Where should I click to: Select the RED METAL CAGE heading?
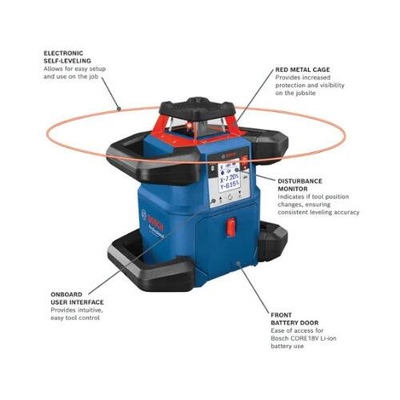pos(302,70)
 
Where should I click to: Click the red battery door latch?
pos(230,227)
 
